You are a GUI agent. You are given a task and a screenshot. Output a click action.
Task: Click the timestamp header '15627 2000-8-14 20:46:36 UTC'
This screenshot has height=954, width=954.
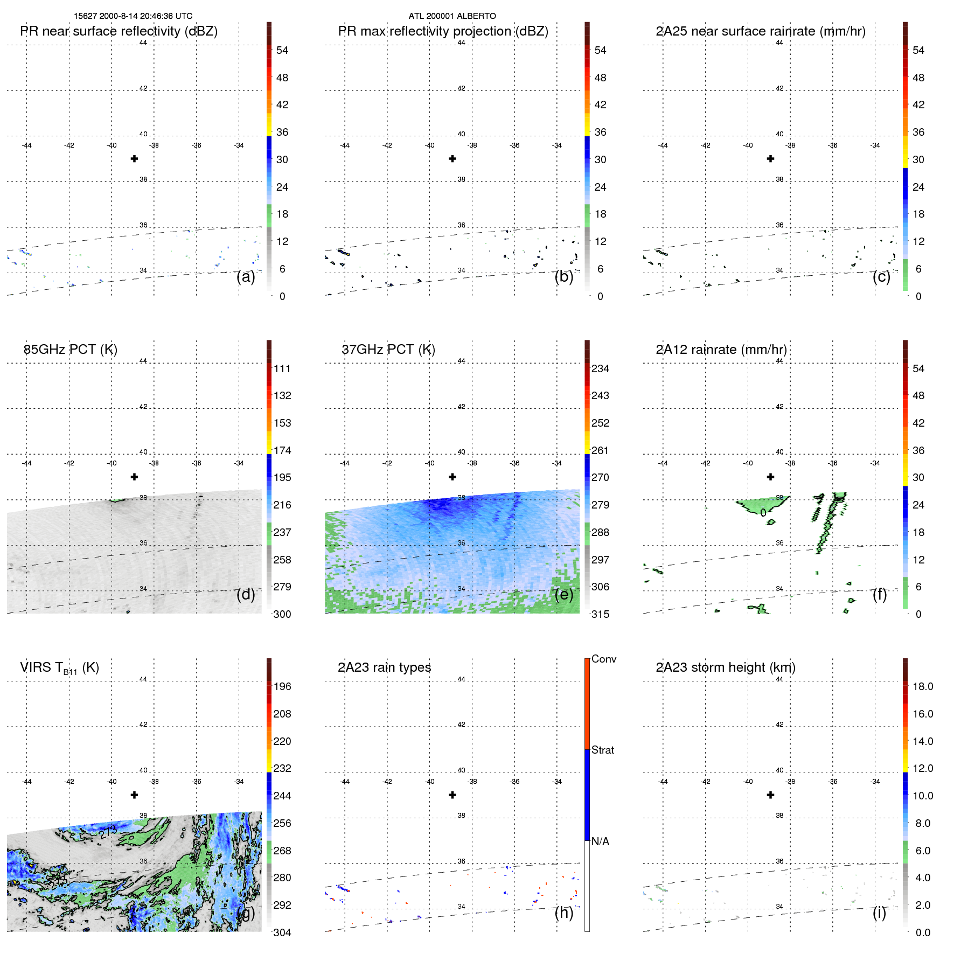pyautogui.click(x=133, y=16)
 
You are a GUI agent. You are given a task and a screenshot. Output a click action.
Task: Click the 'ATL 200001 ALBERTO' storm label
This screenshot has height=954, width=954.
pyautogui.click(x=452, y=16)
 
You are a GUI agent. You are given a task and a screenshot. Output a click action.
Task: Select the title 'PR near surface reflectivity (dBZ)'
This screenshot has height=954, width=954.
pyautogui.click(x=119, y=31)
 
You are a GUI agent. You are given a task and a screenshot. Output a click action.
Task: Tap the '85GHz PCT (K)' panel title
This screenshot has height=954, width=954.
pyautogui.click(x=71, y=350)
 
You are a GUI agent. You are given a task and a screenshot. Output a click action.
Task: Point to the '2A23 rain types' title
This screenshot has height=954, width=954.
pyautogui.click(x=384, y=667)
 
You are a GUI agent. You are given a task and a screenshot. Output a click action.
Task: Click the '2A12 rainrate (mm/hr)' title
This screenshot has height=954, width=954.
pyautogui.click(x=721, y=350)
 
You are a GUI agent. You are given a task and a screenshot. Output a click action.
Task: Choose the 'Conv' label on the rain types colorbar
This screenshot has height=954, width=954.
pyautogui.click(x=604, y=659)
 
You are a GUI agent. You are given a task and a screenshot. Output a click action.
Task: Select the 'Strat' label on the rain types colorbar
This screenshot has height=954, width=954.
pyautogui.click(x=603, y=750)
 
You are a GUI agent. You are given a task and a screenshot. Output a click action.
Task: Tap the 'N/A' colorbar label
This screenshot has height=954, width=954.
pyautogui.click(x=600, y=841)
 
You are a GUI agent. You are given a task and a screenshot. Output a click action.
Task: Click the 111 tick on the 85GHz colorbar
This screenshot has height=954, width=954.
pyautogui.click(x=282, y=368)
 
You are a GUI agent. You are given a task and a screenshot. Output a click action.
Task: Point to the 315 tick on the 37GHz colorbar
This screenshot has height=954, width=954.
pyautogui.click(x=600, y=614)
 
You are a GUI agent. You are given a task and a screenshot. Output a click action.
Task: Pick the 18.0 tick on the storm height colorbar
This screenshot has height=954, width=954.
pyautogui.click(x=923, y=686)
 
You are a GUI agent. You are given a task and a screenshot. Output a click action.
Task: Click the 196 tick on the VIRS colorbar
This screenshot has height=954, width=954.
pyautogui.click(x=282, y=686)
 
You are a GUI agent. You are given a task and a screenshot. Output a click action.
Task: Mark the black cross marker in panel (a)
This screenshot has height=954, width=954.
pyautogui.click(x=134, y=158)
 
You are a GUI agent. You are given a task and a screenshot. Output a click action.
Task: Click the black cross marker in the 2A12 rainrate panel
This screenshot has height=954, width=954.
pyautogui.click(x=771, y=477)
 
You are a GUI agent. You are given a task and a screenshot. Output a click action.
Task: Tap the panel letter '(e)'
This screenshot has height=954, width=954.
pyautogui.click(x=563, y=594)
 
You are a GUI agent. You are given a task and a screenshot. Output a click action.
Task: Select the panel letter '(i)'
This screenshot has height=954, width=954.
pyautogui.click(x=879, y=913)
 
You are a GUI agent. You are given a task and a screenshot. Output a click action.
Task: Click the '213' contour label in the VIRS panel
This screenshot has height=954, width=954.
pyautogui.click(x=108, y=832)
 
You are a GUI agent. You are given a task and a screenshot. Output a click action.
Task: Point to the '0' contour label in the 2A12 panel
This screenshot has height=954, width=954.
pyautogui.click(x=763, y=513)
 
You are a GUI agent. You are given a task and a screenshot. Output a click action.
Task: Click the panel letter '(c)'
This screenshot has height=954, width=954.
pyautogui.click(x=881, y=276)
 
